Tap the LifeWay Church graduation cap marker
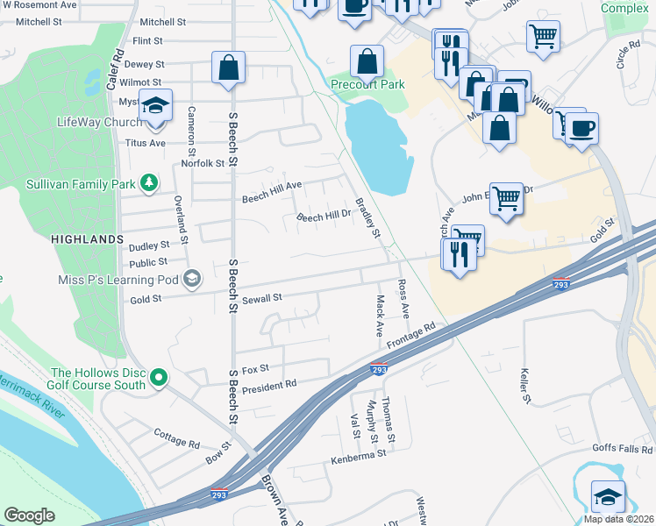point(154,106)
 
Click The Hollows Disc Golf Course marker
point(159,378)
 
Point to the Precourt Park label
point(367,85)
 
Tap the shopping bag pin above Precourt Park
point(367,61)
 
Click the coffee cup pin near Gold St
point(581,130)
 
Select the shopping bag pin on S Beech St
point(228,68)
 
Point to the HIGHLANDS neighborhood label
point(87,239)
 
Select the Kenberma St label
point(358,456)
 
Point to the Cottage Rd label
point(176,438)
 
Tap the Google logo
point(29,515)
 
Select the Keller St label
point(527,386)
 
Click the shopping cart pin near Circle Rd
point(543,37)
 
